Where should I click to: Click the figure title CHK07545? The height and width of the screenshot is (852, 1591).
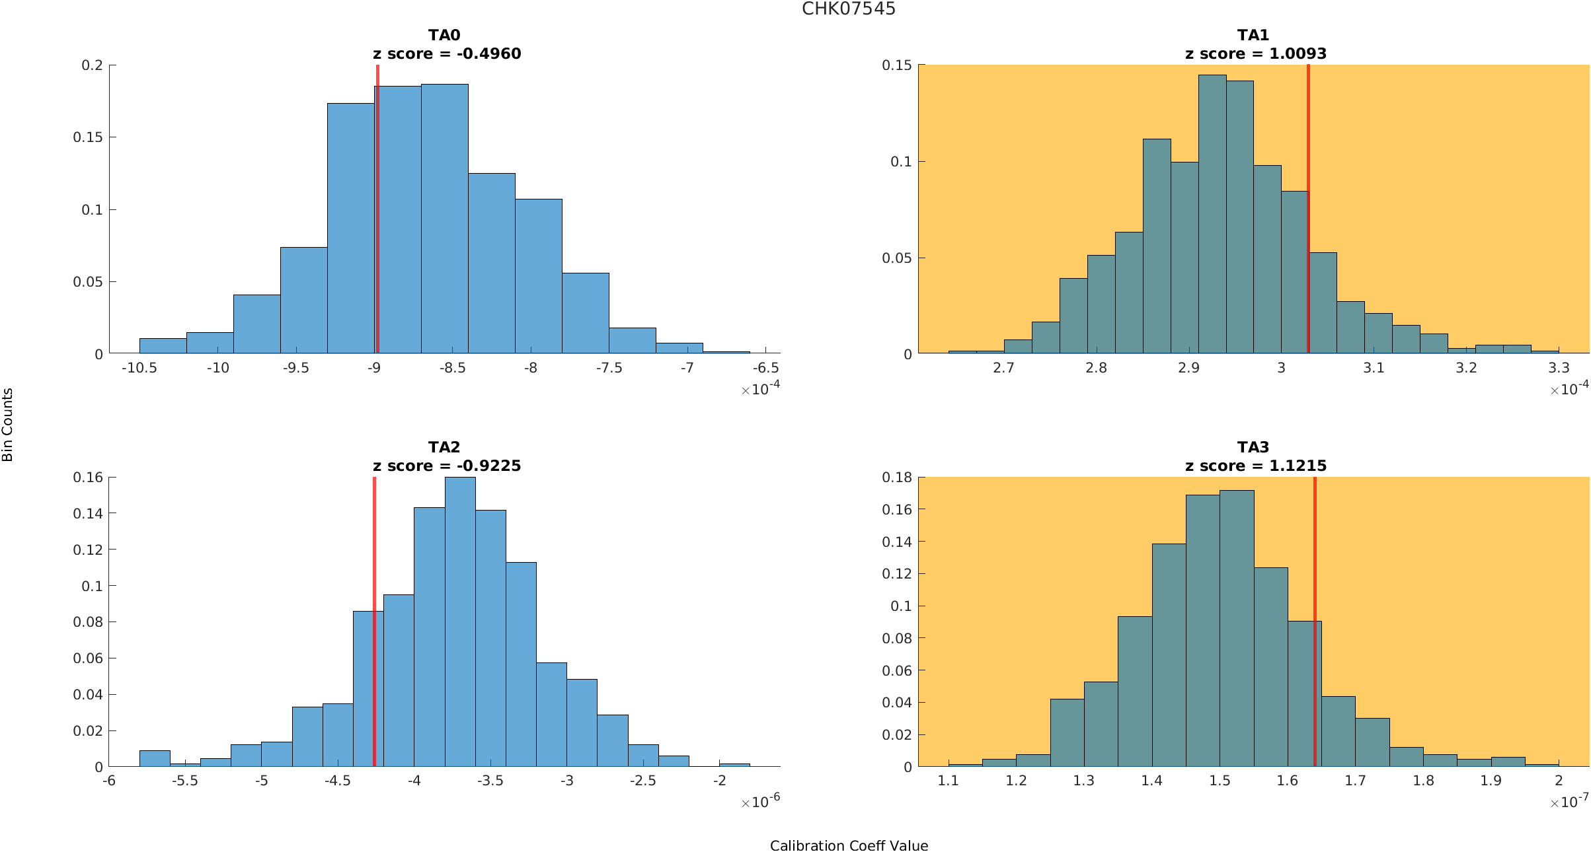coord(848,9)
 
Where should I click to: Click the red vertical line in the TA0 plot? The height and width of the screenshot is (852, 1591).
coord(377,211)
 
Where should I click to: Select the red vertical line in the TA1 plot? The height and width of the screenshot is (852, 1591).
coord(1308,211)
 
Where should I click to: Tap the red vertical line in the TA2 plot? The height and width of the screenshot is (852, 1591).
coord(374,621)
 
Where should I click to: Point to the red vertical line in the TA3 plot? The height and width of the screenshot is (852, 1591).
coord(1315,621)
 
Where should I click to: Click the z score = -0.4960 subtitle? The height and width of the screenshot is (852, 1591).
coord(447,54)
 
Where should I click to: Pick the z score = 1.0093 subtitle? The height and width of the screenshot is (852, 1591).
coord(1255,54)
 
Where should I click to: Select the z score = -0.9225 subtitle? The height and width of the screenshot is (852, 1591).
coord(447,466)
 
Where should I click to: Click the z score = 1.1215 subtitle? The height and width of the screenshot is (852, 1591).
coord(1255,466)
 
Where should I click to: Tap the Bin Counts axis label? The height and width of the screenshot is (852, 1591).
coord(8,424)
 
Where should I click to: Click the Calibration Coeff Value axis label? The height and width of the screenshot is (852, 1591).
coord(849,846)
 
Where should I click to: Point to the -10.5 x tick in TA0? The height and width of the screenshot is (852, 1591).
coord(139,368)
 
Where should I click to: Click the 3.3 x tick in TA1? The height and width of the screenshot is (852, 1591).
coord(1559,368)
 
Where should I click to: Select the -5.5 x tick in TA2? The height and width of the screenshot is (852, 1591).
coord(185,781)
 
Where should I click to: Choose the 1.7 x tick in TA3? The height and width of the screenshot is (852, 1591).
coord(1355,781)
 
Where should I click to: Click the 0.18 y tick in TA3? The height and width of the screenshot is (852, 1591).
coord(896,478)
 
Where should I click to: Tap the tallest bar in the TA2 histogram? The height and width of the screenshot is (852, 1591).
coord(460,621)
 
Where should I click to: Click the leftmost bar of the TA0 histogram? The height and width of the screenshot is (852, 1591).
coord(163,346)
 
